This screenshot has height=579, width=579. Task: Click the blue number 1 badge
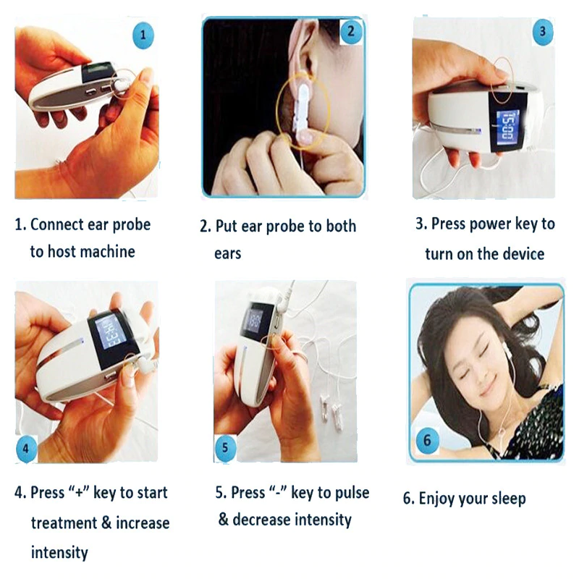click(x=143, y=34)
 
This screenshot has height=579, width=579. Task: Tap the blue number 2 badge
click(x=351, y=31)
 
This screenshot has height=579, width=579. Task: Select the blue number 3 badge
click(x=543, y=31)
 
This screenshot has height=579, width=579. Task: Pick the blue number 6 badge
click(x=427, y=440)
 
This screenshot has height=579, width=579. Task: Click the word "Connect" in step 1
click(x=58, y=224)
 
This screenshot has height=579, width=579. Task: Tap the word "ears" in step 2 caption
click(x=227, y=254)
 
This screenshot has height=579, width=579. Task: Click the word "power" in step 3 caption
click(x=490, y=224)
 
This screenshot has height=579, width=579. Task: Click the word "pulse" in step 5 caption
click(x=350, y=493)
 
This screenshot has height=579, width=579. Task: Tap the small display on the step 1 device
click(x=96, y=72)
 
